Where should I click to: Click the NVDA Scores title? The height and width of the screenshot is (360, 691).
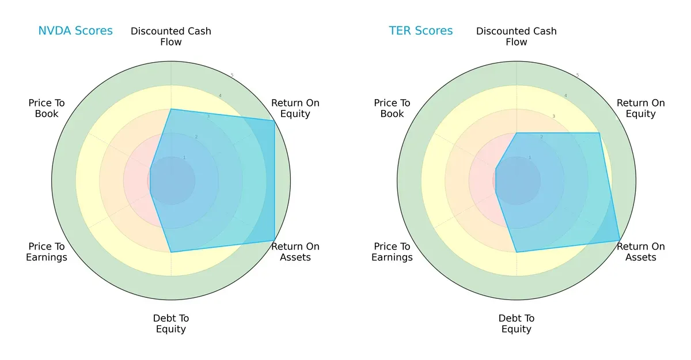coord(75,31)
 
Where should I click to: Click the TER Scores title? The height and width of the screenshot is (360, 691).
coord(421,31)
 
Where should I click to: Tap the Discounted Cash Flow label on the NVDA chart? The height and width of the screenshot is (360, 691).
coord(171,36)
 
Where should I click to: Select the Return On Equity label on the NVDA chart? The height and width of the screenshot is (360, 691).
coord(295,108)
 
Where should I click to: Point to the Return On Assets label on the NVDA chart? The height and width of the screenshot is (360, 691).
coord(295,252)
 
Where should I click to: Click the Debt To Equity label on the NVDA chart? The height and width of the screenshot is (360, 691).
coord(171,324)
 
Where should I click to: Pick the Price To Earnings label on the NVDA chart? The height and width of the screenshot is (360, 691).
coord(47,252)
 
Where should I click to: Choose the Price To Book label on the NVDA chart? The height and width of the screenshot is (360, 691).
coord(47,108)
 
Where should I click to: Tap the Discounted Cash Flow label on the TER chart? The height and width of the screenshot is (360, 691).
coord(517,36)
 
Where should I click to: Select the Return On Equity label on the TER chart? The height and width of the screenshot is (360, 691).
coord(641,108)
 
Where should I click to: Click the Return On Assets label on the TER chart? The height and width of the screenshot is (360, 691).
coord(641,252)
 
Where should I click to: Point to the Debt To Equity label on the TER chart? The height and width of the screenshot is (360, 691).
coord(517,324)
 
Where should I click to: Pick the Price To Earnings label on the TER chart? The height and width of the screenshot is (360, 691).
coord(392,252)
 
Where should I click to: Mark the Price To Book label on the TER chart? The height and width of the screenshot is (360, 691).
coord(392,108)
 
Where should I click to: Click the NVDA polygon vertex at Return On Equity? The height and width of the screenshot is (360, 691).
coord(274,120)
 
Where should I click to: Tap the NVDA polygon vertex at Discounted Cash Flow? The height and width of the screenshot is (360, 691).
coord(171,109)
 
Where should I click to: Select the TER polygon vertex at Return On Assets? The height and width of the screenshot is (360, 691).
coord(620,240)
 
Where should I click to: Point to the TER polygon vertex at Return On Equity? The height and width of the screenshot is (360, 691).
coord(599,133)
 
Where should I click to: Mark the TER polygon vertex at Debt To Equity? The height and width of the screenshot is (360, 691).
coord(517,252)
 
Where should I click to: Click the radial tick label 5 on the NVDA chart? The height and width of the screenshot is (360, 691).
coord(231,75)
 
